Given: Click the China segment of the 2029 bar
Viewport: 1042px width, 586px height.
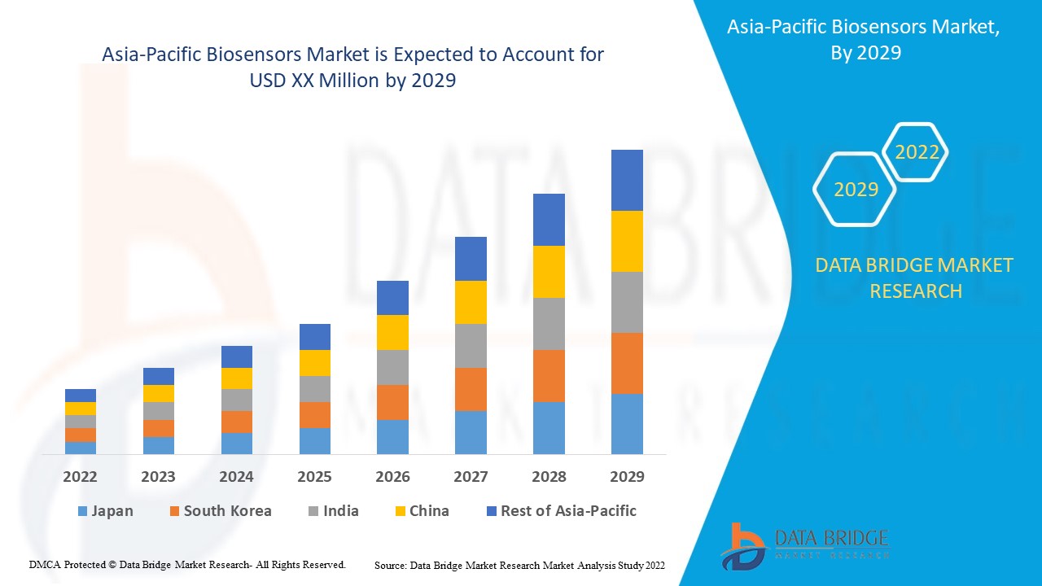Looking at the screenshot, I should (627, 241).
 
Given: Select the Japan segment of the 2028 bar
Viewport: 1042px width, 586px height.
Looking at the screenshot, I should (549, 427).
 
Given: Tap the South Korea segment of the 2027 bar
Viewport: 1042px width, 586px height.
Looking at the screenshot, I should (471, 389).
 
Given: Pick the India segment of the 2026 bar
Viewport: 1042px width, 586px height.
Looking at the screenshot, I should (392, 367).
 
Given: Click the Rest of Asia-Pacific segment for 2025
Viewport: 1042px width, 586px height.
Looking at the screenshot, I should (315, 337).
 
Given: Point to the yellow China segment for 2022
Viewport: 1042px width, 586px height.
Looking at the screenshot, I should (81, 409).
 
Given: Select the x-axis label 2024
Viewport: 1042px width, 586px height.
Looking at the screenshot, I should (236, 477).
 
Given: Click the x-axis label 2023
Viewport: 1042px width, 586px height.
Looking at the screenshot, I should (158, 477).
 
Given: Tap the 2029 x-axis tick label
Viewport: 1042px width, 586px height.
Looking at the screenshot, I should (627, 477).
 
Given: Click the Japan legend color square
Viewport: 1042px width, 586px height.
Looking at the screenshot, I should (82, 512).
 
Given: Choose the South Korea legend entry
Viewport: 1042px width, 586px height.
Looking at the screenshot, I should (220, 511).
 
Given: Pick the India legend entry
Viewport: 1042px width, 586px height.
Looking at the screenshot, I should (333, 511).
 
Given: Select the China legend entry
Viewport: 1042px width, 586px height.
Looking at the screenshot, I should (421, 511).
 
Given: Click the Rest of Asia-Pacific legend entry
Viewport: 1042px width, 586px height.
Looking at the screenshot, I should (561, 511).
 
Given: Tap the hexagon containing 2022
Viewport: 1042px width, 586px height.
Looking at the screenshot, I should (917, 152).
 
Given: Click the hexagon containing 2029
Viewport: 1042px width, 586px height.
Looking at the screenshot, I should (856, 190).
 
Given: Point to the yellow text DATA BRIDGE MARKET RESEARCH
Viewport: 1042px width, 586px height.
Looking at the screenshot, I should (915, 278).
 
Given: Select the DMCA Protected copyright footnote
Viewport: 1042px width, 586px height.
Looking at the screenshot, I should (187, 564).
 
